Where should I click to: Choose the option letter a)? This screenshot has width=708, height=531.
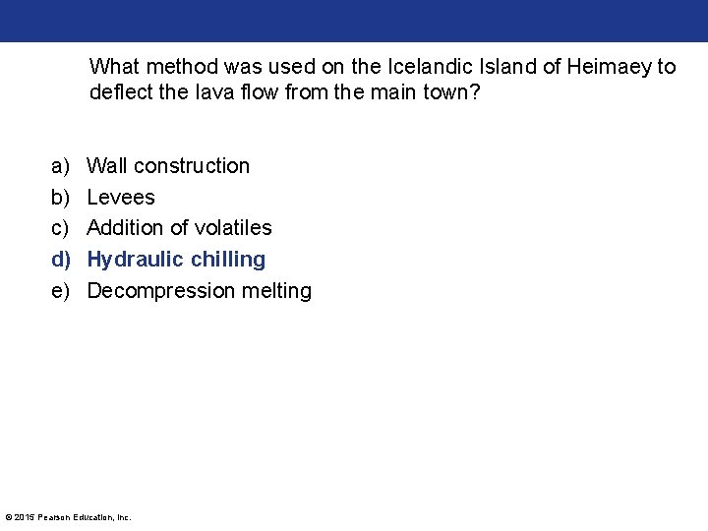tap(61, 165)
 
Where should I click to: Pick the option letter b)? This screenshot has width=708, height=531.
tap(61, 197)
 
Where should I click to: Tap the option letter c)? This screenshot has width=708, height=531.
tap(61, 228)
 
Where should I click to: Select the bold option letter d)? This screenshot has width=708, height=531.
tap(62, 260)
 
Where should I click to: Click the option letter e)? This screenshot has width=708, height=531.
tap(61, 291)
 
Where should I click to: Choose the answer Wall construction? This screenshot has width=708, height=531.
tap(168, 165)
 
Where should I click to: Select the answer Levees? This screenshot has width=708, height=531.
tap(121, 197)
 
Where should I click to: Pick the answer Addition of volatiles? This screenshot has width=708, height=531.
tap(179, 228)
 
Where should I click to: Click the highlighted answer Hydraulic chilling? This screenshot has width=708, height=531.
tap(176, 260)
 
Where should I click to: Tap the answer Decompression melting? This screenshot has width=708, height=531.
tap(199, 291)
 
